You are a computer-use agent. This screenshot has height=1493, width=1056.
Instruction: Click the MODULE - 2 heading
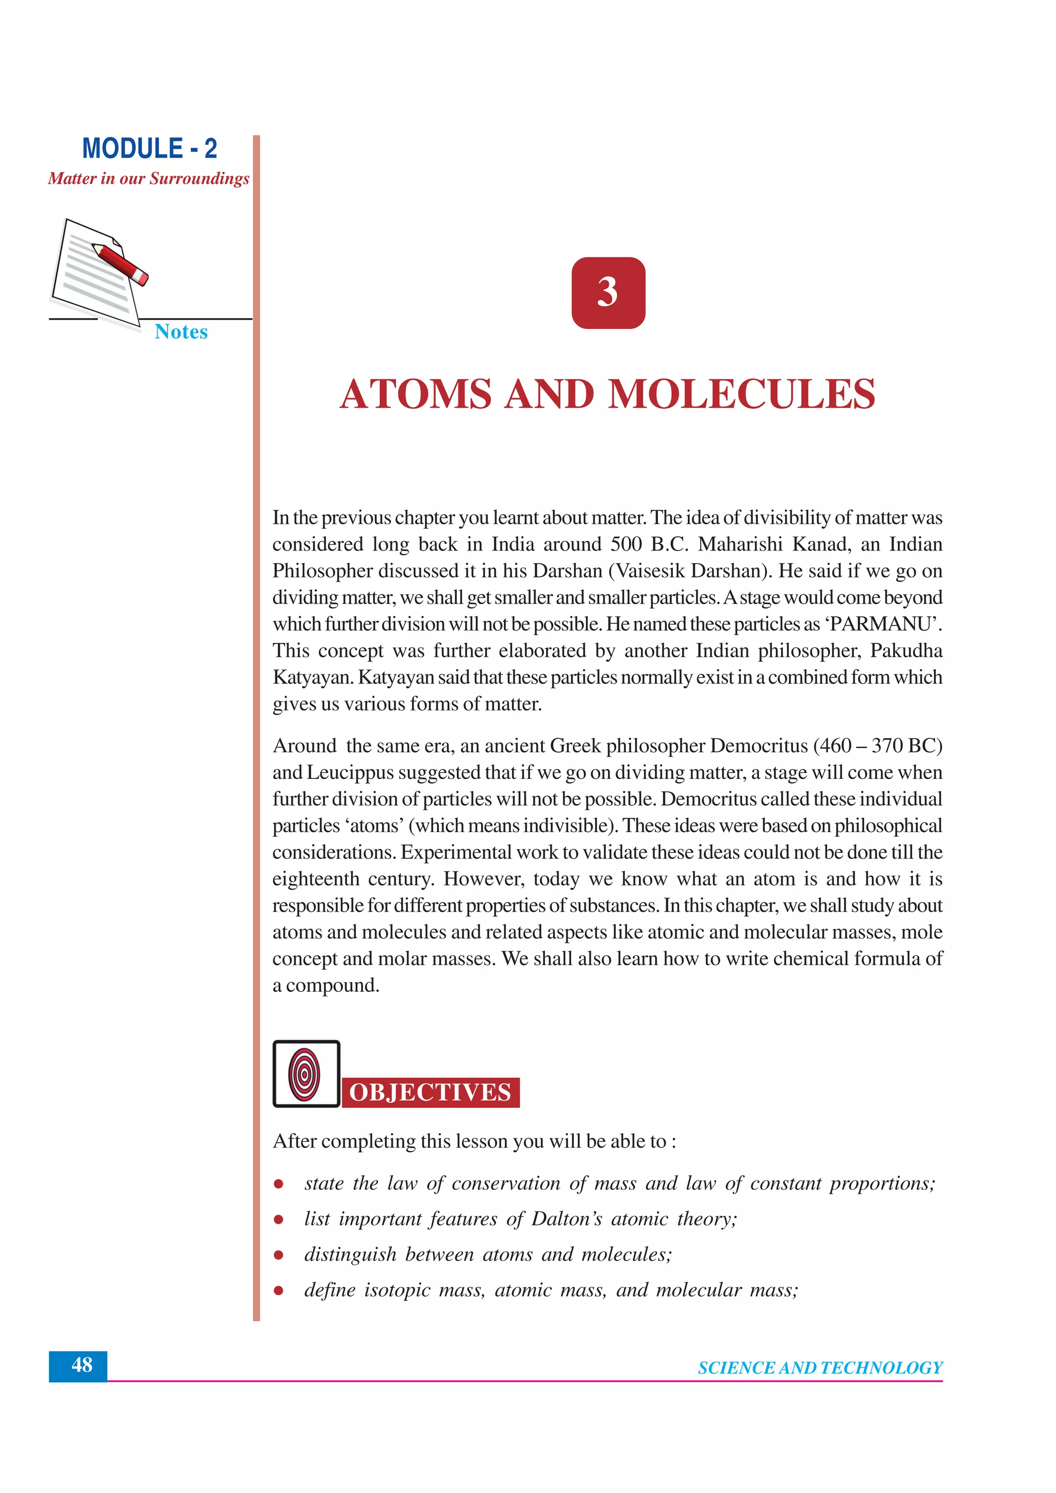(149, 148)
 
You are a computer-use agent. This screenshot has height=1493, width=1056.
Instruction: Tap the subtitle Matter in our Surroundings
(148, 178)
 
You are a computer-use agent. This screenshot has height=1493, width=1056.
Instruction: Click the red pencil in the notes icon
(120, 264)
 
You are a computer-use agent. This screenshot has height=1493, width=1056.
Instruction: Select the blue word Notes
(181, 331)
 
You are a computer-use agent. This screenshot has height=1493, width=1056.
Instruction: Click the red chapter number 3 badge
(608, 293)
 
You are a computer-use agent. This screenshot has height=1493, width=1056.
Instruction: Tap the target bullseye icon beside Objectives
(305, 1073)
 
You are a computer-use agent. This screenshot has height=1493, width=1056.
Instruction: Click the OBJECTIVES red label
(430, 1092)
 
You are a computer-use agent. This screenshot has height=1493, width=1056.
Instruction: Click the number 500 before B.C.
(625, 544)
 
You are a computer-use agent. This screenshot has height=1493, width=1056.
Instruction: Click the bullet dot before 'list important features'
(278, 1219)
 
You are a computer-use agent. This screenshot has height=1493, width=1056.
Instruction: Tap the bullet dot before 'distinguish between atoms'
(278, 1255)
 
